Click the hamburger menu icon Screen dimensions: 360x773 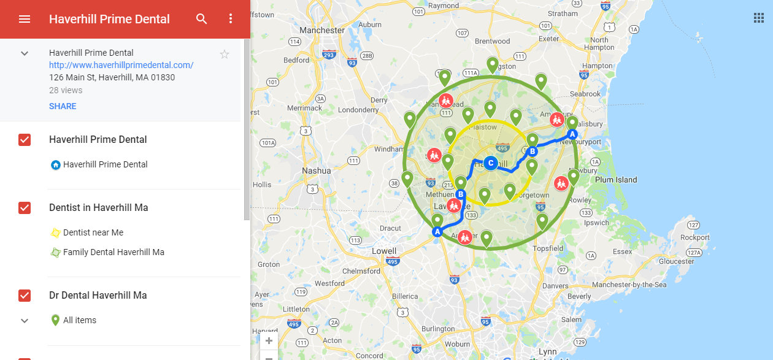click(x=25, y=19)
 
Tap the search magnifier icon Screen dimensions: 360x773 click(x=202, y=19)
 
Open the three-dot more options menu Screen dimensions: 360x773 click(x=231, y=19)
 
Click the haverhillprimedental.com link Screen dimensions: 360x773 click(x=121, y=65)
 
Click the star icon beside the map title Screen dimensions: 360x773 click(x=225, y=55)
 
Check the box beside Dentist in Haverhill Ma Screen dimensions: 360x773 click(x=25, y=208)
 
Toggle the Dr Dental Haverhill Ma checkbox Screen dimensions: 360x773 click(x=25, y=296)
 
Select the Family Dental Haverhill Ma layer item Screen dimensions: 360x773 click(x=113, y=252)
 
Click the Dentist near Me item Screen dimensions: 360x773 click(x=93, y=232)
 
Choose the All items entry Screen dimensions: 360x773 click(x=80, y=320)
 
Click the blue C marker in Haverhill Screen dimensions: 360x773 click(x=490, y=163)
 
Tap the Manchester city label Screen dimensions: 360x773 click(x=323, y=30)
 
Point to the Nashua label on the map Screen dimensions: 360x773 click(x=317, y=170)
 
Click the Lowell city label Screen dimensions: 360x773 click(x=384, y=251)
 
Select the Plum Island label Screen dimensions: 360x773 click(x=616, y=180)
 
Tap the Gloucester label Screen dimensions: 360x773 click(x=676, y=261)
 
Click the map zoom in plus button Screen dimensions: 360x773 click(x=269, y=341)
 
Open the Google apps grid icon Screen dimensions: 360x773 click(x=759, y=18)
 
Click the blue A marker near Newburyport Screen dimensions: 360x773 click(x=572, y=134)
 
